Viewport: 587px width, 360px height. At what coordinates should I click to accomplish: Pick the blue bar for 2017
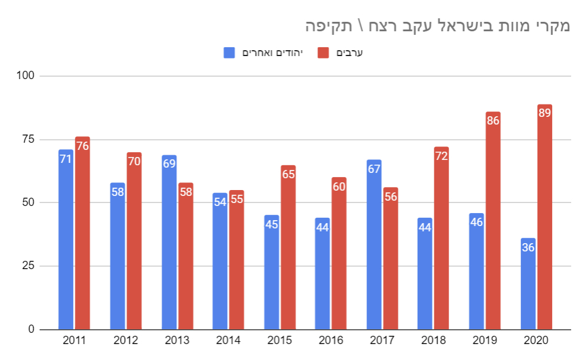pos(374,244)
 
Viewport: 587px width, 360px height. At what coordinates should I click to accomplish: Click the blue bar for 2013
pos(169,242)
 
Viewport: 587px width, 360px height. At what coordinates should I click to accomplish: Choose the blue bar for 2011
pos(65,240)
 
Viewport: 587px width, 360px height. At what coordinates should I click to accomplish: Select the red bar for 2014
pos(237,260)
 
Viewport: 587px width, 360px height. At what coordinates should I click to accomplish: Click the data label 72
pos(441,156)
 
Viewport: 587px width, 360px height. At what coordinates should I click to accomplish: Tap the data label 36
pos(528,248)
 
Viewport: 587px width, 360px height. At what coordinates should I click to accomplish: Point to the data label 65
pos(288,175)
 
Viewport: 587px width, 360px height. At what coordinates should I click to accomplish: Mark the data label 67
pos(374,169)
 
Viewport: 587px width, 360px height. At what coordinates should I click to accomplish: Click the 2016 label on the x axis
pos(331,341)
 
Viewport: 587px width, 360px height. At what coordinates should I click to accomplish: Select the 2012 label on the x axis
pos(126,341)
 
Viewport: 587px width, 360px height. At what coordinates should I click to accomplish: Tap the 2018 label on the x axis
pos(434,341)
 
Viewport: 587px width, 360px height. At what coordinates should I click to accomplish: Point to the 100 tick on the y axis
pos(28,76)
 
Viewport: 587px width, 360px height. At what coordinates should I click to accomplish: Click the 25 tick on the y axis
pos(30,266)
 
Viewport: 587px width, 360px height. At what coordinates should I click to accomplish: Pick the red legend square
pos(323,53)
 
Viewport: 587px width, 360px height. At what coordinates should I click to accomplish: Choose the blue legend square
pos(229,53)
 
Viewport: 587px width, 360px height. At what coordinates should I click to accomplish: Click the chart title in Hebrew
pos(437,26)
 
